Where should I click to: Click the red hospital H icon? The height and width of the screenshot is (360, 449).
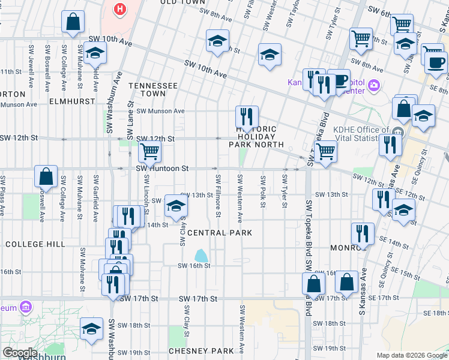click(x=121, y=10)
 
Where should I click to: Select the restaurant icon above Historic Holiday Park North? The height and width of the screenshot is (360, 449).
click(x=247, y=115)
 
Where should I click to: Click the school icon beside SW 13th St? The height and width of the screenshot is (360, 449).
click(x=175, y=206)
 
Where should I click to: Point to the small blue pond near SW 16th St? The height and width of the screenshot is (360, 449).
click(x=200, y=256)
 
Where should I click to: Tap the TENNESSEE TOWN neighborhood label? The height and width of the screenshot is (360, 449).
click(x=152, y=90)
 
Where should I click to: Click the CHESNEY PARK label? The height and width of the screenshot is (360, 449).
click(x=200, y=350)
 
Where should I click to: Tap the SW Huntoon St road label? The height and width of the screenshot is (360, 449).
click(x=162, y=169)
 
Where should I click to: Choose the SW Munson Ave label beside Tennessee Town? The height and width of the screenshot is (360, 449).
click(x=160, y=111)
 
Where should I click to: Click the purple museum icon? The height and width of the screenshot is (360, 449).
click(x=26, y=308)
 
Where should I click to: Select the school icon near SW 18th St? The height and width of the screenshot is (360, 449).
click(x=91, y=329)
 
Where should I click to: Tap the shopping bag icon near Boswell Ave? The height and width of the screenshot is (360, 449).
click(x=46, y=177)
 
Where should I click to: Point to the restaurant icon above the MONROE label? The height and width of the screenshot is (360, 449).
click(x=363, y=234)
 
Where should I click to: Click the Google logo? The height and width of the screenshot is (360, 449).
click(x=20, y=353)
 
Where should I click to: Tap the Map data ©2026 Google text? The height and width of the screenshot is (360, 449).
click(x=411, y=355)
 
